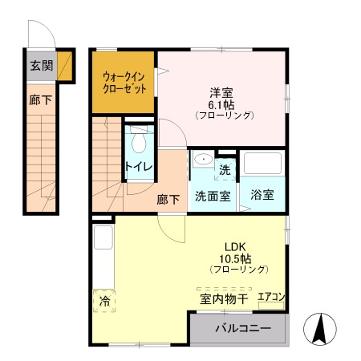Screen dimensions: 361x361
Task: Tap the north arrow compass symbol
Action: [x=318, y=327]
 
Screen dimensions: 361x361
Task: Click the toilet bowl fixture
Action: [x=140, y=143]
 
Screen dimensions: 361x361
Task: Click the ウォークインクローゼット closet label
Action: [x=124, y=83]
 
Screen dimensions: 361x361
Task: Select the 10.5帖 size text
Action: [x=234, y=258]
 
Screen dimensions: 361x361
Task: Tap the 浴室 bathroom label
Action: [x=262, y=194]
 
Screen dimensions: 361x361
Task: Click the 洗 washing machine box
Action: [x=225, y=169]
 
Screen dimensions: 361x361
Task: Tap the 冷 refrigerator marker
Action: [x=104, y=301]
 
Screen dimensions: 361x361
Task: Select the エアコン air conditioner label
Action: [x=271, y=298]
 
